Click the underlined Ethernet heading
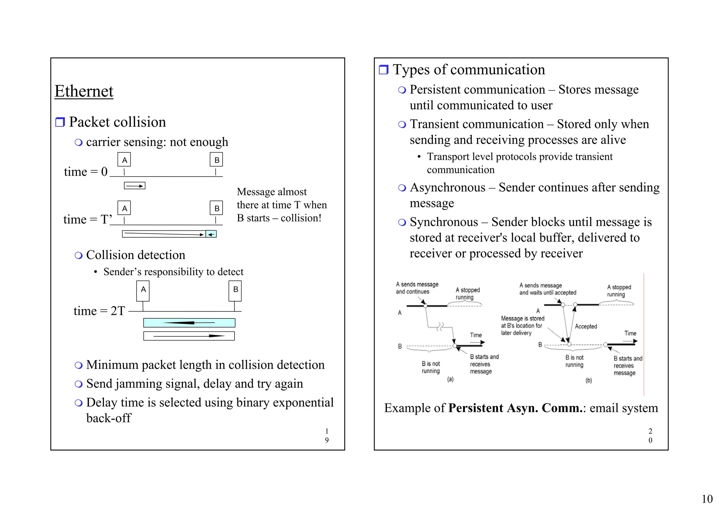[84, 91]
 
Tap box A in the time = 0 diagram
[124, 160]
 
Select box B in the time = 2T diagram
[235, 290]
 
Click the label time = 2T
[99, 311]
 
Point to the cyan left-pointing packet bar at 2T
[189, 323]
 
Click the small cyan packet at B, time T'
[211, 234]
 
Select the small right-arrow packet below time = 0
[134, 186]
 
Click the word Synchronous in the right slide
[444, 222]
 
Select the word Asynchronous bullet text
[448, 187]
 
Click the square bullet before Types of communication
[384, 70]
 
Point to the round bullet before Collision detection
[79, 255]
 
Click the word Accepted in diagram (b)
[586, 326]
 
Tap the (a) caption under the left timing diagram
[450, 379]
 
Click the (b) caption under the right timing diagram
[589, 380]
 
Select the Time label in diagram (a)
[476, 335]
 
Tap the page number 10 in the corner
[707, 499]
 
